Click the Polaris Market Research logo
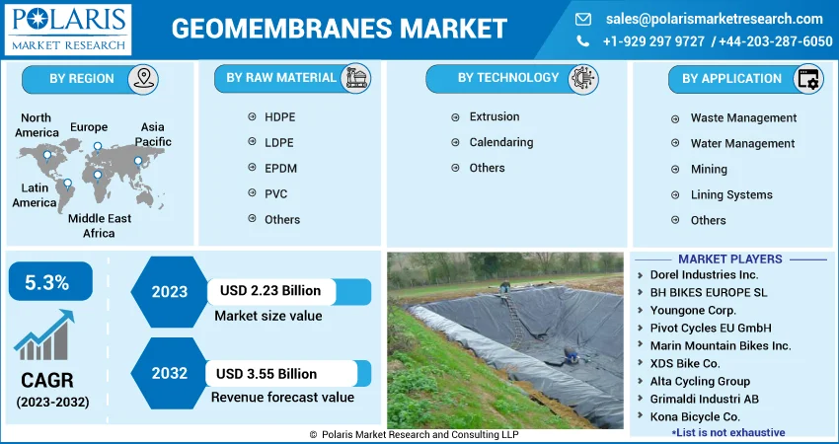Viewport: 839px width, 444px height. coord(67,30)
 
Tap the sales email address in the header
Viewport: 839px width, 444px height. coord(715,19)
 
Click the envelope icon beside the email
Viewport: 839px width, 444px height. coord(582,20)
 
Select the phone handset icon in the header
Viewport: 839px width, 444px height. coord(582,41)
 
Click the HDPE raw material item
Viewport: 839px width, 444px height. coord(279,117)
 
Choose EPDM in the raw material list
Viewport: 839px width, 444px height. coord(280,169)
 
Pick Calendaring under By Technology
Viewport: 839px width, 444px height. coord(500,142)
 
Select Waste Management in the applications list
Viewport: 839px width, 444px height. coord(743,117)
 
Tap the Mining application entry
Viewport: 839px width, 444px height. coord(709,170)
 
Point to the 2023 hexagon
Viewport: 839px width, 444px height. coord(170,292)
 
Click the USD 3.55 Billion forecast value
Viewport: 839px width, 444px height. coord(267,373)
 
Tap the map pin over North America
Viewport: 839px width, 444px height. coord(47,156)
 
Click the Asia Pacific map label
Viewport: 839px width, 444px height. coord(152,134)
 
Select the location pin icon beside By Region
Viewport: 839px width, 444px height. coord(143,79)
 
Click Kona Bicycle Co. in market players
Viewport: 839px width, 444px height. coord(695,416)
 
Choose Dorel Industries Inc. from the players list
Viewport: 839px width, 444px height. coord(704,275)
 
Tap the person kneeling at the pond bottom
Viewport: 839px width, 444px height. coord(571,354)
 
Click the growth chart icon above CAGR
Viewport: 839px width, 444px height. coord(43,334)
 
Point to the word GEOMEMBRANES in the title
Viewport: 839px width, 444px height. coord(281,29)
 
